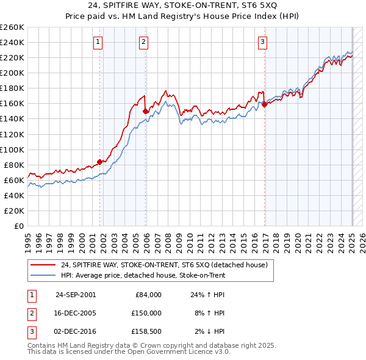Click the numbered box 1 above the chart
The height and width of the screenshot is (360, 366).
(x=98, y=42)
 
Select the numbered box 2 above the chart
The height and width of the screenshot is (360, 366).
(x=143, y=42)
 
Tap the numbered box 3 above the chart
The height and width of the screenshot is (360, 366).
(x=262, y=42)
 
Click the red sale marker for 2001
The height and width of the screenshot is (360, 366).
(x=101, y=162)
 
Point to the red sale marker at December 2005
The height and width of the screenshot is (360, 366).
(x=146, y=111)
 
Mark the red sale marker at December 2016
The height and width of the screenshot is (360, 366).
(x=265, y=104)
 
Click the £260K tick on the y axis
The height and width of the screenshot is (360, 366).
(x=12, y=27)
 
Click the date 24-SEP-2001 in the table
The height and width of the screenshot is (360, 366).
(x=76, y=295)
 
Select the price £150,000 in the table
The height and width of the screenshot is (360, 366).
(x=147, y=313)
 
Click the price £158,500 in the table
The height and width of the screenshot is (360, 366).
(x=147, y=331)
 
